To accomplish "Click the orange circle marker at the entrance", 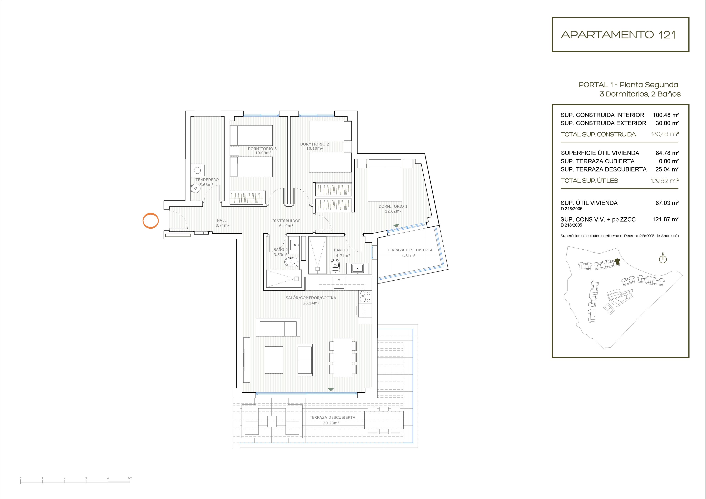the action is [150, 213].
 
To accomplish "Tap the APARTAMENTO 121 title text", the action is [618, 35].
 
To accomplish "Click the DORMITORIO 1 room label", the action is [393, 206].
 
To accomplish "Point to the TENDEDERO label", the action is [207, 180].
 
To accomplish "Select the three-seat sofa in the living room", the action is [278, 327].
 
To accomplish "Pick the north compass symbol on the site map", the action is [663, 259].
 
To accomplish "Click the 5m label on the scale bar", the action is [130, 478].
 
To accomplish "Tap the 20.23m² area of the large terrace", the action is [331, 423].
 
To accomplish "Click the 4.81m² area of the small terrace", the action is [408, 255].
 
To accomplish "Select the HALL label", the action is [222, 220].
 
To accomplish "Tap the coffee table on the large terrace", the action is [272, 421].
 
